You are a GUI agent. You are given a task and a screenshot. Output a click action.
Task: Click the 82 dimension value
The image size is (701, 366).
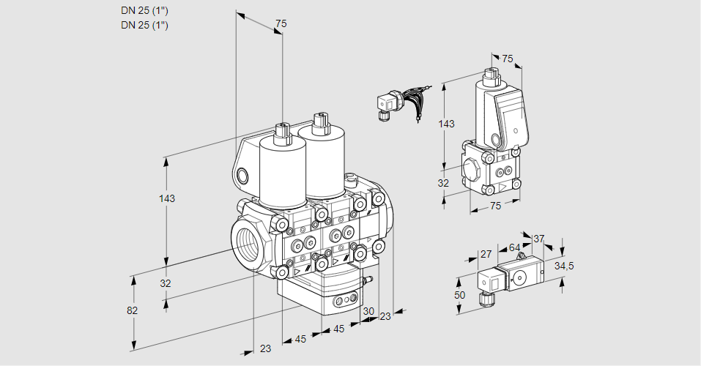click(132, 310)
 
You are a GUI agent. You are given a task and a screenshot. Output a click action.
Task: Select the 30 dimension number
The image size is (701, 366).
click(368, 311)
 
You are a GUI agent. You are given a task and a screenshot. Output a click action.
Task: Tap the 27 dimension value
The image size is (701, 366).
click(486, 255)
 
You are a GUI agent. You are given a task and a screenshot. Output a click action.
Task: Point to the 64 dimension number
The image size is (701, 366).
click(514, 248)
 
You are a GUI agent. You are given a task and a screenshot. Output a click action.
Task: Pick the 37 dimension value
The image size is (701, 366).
click(538, 239)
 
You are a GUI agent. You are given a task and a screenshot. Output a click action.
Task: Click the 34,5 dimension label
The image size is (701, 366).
click(564, 266)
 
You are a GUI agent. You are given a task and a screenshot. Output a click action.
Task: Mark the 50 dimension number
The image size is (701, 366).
click(459, 294)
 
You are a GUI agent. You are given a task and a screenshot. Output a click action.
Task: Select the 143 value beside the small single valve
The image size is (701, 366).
click(446, 124)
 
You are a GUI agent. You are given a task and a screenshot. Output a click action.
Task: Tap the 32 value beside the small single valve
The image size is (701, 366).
click(443, 183)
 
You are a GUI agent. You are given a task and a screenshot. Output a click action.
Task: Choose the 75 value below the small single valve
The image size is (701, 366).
click(495, 206)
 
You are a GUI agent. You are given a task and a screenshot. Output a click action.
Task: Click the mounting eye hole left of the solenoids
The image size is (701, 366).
click(243, 175)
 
